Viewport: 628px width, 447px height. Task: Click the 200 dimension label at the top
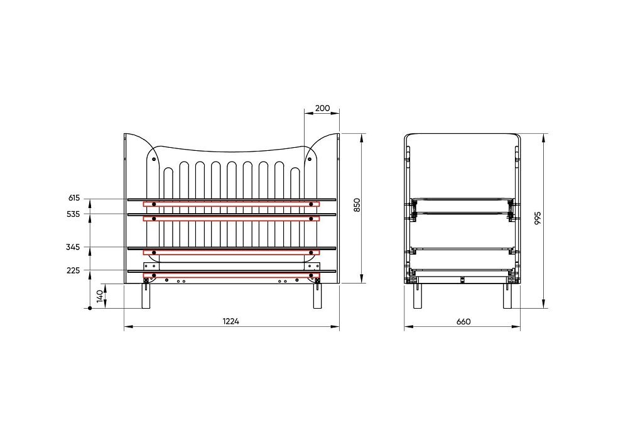(x=322, y=108)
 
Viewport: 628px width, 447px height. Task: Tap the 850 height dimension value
(x=358, y=205)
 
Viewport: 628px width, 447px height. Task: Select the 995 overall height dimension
(x=538, y=218)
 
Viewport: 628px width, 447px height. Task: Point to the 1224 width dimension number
(x=231, y=321)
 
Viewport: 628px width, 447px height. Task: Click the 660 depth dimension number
(x=463, y=321)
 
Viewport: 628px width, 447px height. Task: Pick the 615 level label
(x=74, y=198)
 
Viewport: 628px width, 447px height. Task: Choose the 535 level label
(x=73, y=214)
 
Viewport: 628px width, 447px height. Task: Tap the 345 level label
(x=73, y=247)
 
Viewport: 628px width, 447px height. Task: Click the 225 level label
(x=73, y=270)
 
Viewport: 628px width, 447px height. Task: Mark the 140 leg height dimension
(x=100, y=296)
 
